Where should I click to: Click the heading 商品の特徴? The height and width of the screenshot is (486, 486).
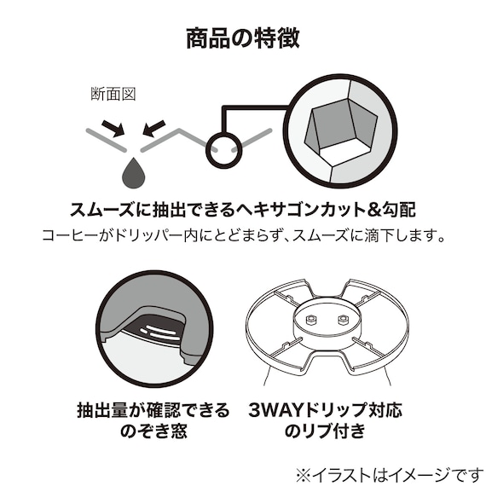242,38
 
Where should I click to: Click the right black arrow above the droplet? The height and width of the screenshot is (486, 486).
153,128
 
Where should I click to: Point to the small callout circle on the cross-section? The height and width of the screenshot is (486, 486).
221,148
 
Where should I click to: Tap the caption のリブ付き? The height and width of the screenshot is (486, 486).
332,432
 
